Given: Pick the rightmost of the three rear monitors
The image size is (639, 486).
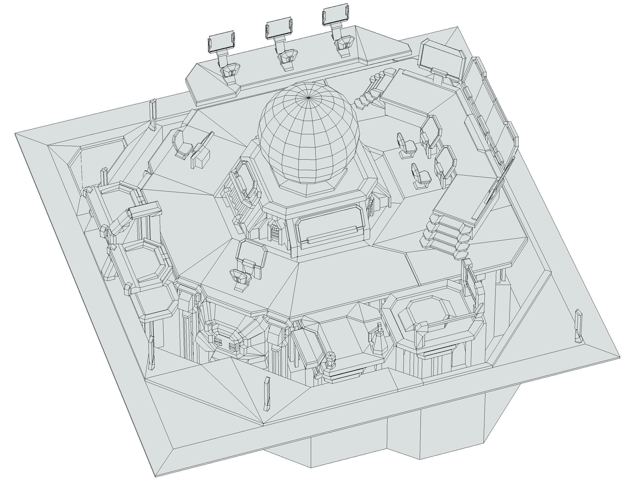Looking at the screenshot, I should pos(335,16).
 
